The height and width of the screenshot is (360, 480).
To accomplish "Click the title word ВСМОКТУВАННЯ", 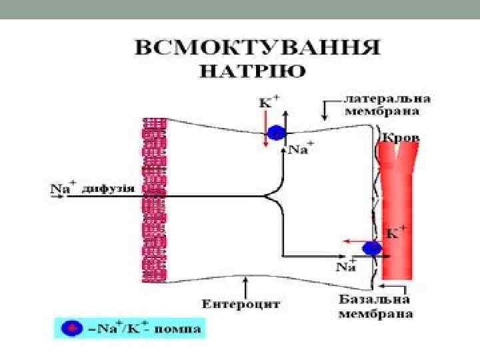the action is (257, 48).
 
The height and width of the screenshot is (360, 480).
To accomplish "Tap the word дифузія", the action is (108, 189).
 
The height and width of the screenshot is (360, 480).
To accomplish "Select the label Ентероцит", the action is (241, 304).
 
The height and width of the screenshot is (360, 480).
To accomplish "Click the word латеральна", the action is (387, 98).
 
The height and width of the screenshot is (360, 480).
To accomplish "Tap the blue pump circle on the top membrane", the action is (276, 134).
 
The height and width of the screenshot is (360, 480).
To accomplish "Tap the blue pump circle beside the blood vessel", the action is (372, 249).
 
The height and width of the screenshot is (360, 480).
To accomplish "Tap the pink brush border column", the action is (154, 200).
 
